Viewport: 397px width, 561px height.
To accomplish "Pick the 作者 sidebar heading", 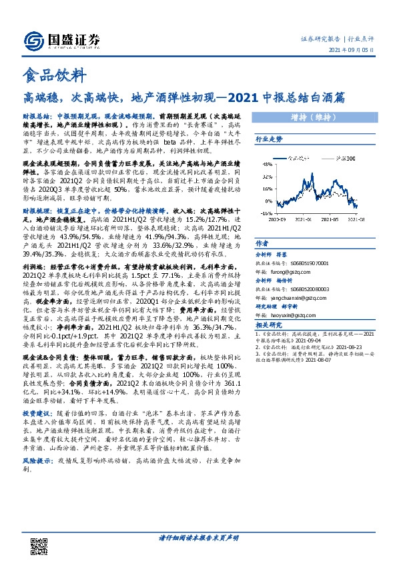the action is click(x=262, y=243).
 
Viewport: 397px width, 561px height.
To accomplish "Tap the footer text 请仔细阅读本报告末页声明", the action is click(x=198, y=537).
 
